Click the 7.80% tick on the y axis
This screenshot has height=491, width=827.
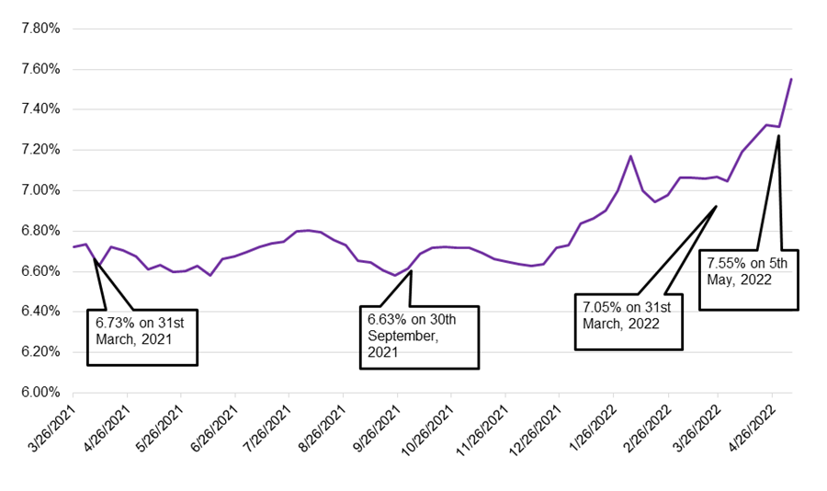[x=40, y=29]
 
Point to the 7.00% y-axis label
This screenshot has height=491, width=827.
[x=40, y=190]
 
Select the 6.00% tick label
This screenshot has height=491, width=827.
[x=40, y=393]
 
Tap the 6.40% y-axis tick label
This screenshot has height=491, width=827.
[x=40, y=312]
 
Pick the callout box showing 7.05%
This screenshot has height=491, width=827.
[x=629, y=322]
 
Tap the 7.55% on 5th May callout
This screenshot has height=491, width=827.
[x=749, y=280]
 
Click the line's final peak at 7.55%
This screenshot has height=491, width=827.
[x=791, y=79]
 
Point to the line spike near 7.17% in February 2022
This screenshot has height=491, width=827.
[x=630, y=156]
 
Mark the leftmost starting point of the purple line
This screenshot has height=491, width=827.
[x=74, y=246]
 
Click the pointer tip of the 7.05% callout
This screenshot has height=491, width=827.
[x=716, y=207]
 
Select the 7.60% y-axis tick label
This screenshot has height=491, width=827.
[x=40, y=69]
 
